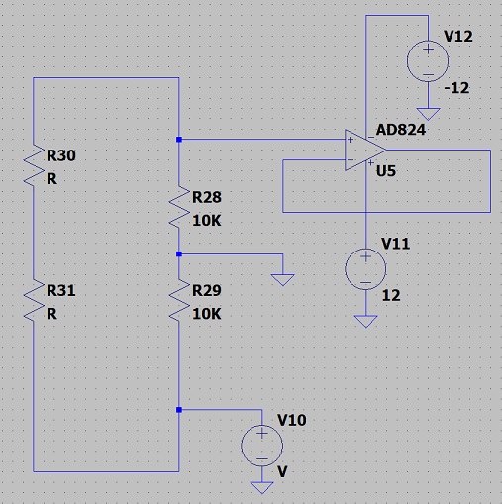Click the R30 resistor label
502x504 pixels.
click(61, 155)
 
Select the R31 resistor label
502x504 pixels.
click(61, 290)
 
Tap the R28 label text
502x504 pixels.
click(207, 197)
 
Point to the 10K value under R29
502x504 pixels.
click(207, 314)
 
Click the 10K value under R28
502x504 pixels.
click(207, 221)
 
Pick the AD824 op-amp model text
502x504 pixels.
click(401, 130)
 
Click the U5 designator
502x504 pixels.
click(386, 171)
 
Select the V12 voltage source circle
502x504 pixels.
click(428, 61)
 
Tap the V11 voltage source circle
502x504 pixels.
click(365, 269)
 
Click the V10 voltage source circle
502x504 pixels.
click(261, 446)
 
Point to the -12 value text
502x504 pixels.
click(456, 88)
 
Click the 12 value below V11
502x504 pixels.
click(391, 295)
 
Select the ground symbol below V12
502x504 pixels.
click(428, 114)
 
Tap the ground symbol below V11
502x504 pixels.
click(365, 321)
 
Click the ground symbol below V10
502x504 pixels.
click(262, 488)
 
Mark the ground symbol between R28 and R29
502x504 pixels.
click(283, 280)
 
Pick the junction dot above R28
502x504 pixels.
click(179, 140)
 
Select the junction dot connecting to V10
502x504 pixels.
click(179, 410)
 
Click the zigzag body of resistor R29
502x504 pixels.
click(179, 301)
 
